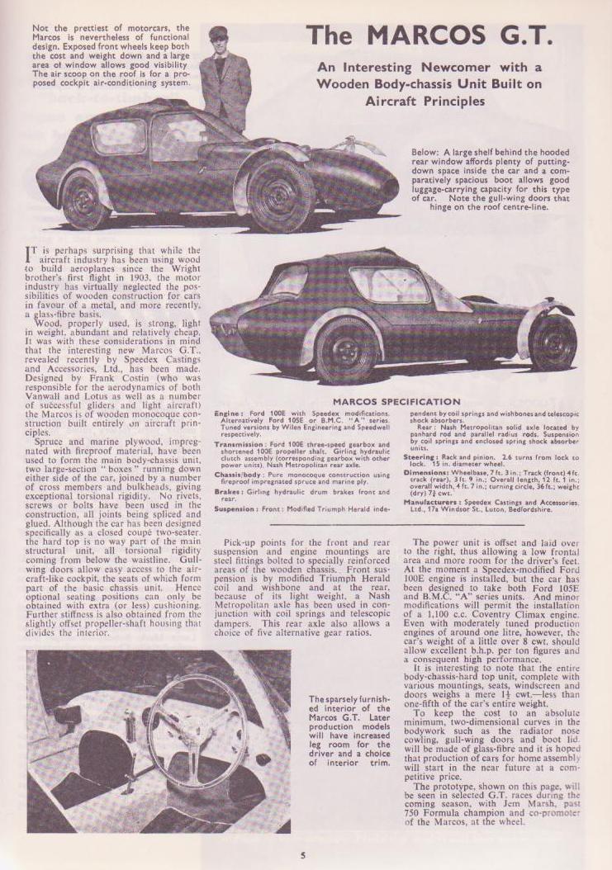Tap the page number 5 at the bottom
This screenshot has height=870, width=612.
(x=303, y=854)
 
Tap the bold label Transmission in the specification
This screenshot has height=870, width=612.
(x=238, y=442)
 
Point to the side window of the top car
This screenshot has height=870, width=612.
(x=120, y=136)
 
